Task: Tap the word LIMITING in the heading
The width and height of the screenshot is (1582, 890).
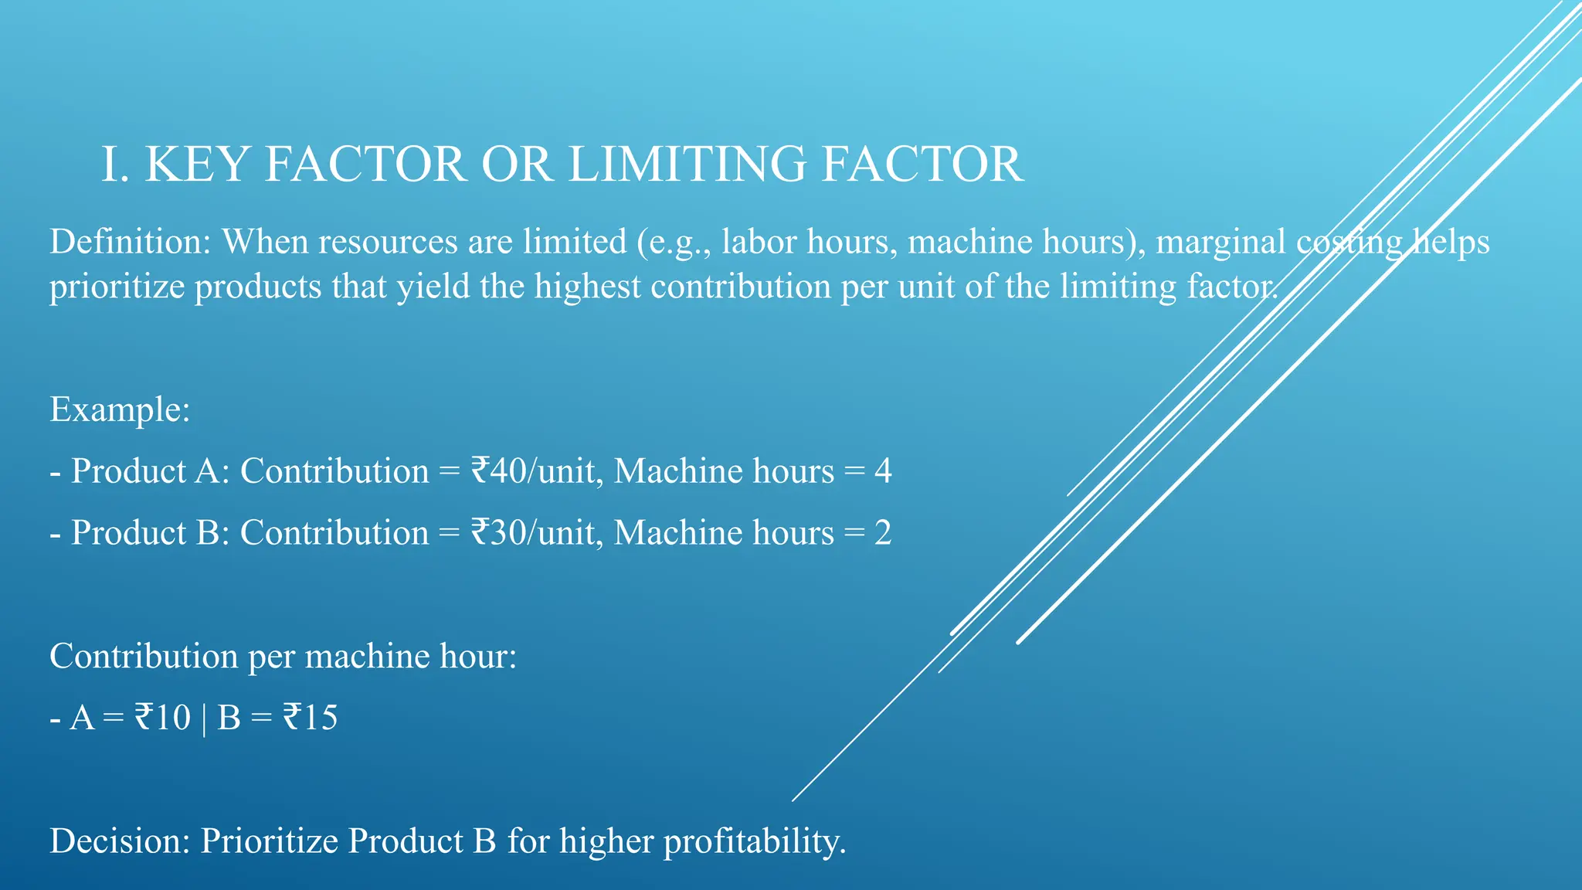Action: [x=687, y=165]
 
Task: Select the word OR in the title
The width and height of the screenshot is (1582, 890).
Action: [x=517, y=165]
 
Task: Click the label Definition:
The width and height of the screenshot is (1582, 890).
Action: [x=130, y=242]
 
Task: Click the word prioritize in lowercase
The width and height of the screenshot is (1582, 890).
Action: [x=116, y=287]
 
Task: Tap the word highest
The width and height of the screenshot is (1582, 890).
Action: [x=587, y=287]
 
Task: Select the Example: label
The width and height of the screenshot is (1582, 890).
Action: [x=120, y=409]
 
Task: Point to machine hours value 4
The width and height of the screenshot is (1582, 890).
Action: [x=883, y=471]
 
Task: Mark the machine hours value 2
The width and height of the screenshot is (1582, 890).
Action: [x=883, y=533]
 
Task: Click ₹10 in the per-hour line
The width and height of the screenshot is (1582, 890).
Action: [x=162, y=718]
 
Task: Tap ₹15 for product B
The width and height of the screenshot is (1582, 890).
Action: [x=310, y=718]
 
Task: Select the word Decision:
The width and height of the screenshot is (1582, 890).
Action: [x=120, y=841]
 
